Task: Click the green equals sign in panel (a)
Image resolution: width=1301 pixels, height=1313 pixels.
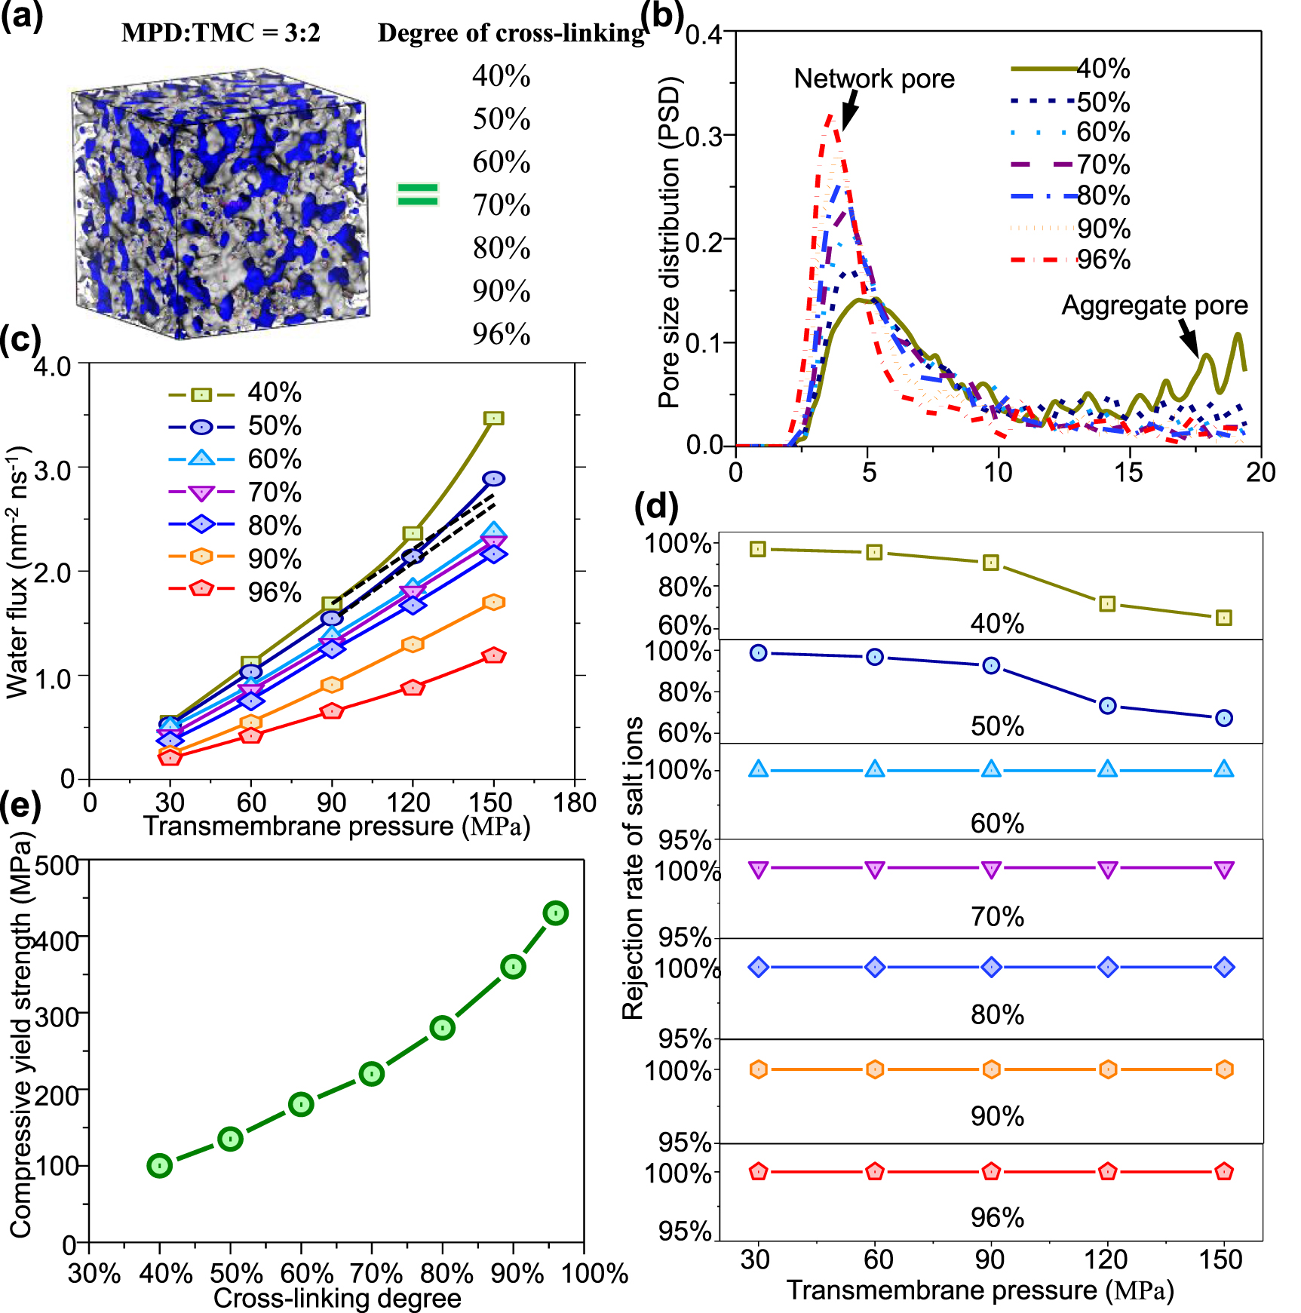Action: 417,194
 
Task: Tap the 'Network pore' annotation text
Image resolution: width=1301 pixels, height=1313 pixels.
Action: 873,78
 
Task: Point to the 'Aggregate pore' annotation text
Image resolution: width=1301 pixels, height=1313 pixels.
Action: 1154,305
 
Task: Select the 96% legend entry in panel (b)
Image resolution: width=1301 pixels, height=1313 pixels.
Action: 1103,260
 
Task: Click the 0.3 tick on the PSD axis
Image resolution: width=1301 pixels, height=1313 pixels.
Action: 704,136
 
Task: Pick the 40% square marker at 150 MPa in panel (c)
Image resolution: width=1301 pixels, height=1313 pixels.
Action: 493,418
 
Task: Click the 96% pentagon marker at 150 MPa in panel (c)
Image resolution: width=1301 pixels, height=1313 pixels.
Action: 493,655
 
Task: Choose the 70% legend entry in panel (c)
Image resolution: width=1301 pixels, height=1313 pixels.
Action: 275,492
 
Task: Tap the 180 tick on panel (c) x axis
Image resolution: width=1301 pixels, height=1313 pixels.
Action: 574,803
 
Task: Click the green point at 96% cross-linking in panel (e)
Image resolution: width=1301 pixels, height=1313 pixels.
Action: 555,913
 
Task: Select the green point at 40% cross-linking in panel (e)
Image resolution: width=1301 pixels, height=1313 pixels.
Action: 159,1165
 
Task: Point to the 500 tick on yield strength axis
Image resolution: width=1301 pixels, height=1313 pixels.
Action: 57,865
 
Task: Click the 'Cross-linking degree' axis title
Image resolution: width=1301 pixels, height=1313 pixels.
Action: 337,1298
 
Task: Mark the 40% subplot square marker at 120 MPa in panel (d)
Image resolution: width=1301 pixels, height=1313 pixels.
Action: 1107,603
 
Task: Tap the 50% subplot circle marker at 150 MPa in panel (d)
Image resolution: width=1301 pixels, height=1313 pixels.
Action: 1223,718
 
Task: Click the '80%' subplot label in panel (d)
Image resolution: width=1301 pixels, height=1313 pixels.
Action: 996,1015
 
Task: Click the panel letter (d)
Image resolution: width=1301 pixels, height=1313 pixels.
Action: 656,507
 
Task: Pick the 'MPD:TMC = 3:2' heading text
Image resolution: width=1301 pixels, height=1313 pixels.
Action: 220,33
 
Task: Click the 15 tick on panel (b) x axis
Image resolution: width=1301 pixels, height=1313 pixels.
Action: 1129,473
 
